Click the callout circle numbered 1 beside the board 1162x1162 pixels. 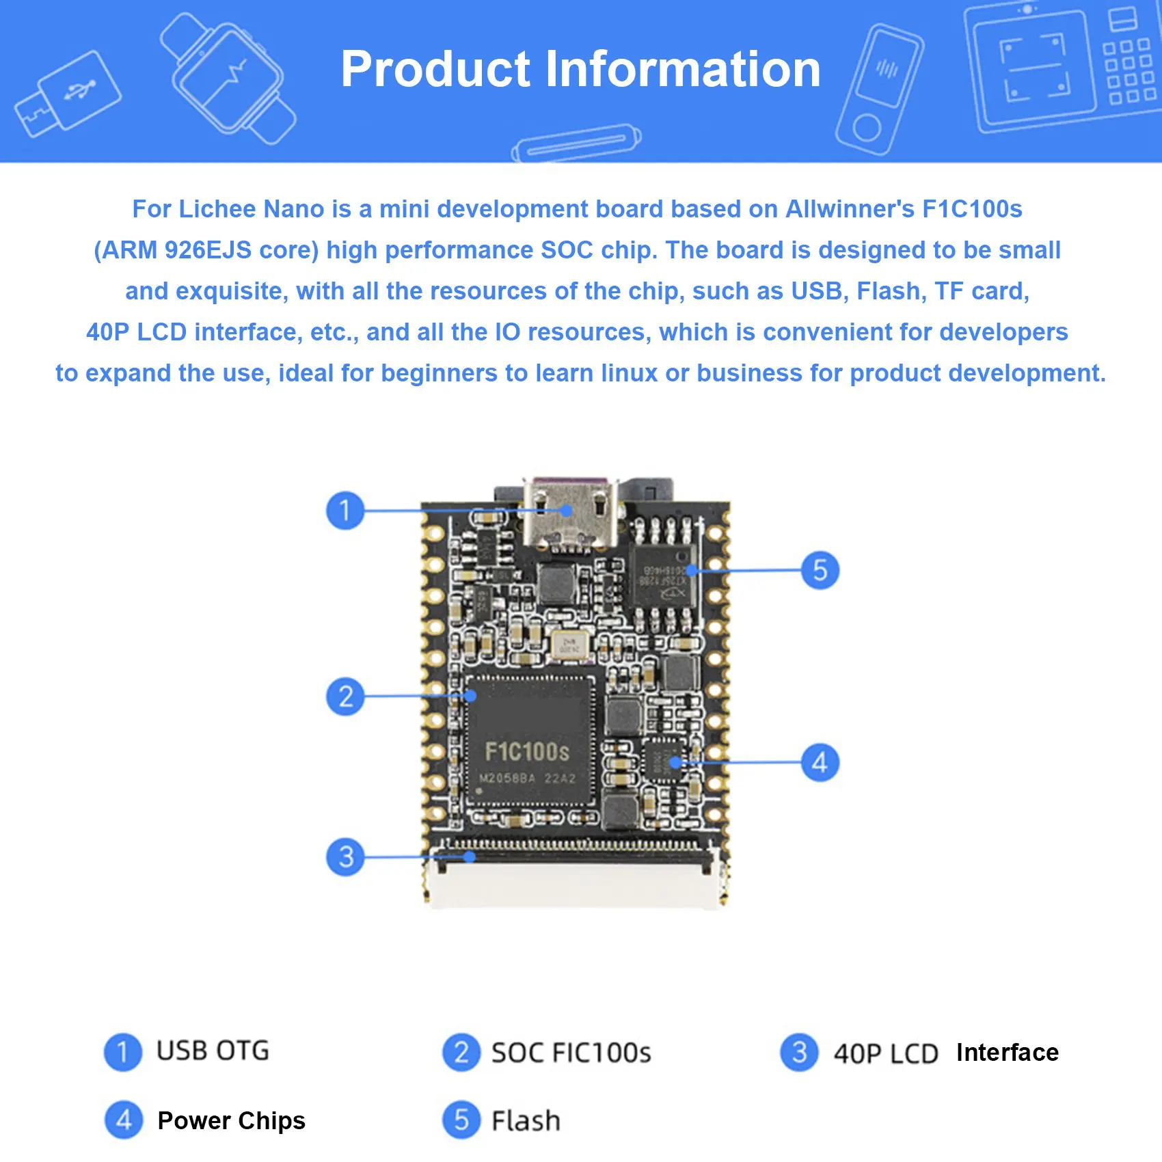[x=345, y=510]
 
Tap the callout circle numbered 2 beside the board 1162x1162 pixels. [x=345, y=696]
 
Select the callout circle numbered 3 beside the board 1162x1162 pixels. [x=345, y=856]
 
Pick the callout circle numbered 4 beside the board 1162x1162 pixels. [x=820, y=762]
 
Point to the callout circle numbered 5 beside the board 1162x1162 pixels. [x=820, y=570]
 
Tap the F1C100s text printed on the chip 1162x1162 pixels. [x=526, y=752]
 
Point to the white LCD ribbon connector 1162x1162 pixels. [x=574, y=882]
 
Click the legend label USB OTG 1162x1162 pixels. [x=213, y=1051]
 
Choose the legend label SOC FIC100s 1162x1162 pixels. [x=571, y=1053]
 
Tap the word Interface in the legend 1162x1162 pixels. [x=1007, y=1053]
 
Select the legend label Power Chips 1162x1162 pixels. [x=231, y=1121]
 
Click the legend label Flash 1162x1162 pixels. [x=526, y=1121]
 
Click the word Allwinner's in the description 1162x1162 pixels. [x=850, y=209]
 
